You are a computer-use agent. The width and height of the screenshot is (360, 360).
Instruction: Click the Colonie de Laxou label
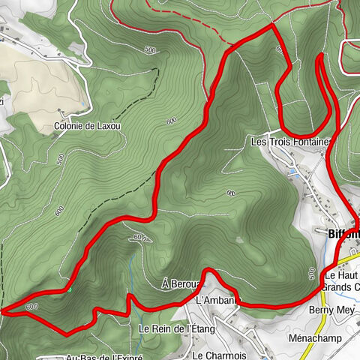(87, 126)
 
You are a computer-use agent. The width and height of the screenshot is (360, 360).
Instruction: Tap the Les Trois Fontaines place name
(289, 142)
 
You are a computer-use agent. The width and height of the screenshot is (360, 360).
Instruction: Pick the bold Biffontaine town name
(344, 233)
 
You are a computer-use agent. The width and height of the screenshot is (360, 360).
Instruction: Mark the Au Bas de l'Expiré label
(105, 356)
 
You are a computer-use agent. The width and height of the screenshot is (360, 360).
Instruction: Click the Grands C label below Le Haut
(340, 286)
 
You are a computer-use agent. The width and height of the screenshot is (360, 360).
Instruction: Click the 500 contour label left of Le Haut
(312, 272)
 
